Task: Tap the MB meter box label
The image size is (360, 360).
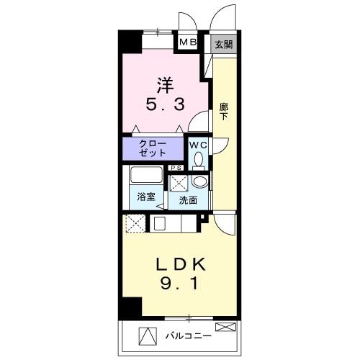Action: [x=188, y=42]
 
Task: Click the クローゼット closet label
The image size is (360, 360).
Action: [x=153, y=148]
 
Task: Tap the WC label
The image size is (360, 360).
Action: [x=199, y=144]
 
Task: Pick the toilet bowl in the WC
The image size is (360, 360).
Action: [x=199, y=160]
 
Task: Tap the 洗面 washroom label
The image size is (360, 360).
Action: [x=188, y=201]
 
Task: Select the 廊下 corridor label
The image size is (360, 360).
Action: [x=223, y=112]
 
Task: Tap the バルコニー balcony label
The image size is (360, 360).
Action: [x=188, y=336]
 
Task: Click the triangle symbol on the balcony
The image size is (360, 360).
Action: [x=148, y=336]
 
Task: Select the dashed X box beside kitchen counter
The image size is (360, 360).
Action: [x=133, y=224]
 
